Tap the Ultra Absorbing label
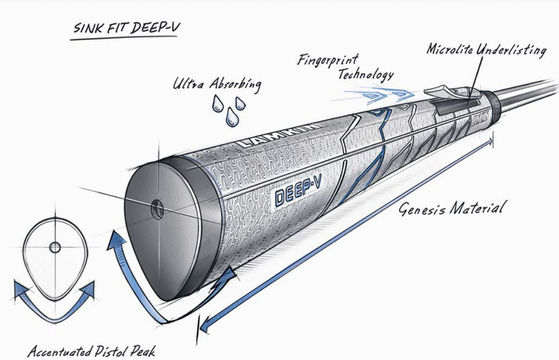pyautogui.click(x=217, y=85)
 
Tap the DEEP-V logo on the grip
pyautogui.click(x=299, y=190)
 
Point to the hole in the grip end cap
pyautogui.click(x=157, y=209)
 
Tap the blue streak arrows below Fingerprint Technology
pyautogui.click(x=380, y=95)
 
